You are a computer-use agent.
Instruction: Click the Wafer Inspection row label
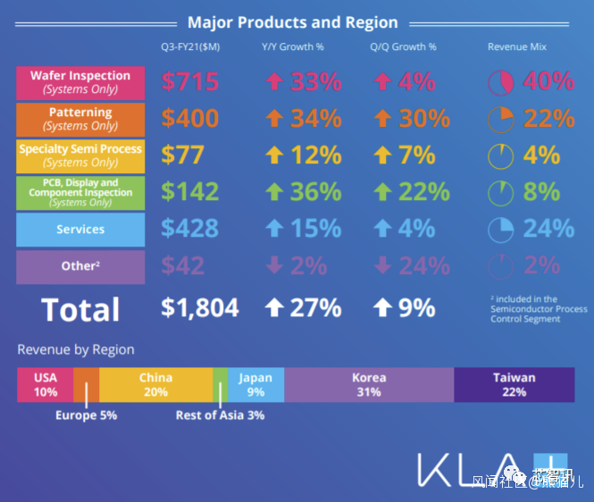pyautogui.click(x=80, y=82)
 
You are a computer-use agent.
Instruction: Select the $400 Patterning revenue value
pyautogui.click(x=190, y=118)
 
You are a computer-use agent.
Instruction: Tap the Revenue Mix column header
pyautogui.click(x=517, y=46)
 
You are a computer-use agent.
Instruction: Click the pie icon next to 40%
pyautogui.click(x=501, y=83)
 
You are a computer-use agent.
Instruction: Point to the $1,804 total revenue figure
pyautogui.click(x=200, y=308)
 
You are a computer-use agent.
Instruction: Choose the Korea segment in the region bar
pyautogui.click(x=369, y=384)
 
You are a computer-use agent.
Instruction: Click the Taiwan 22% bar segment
pyautogui.click(x=514, y=384)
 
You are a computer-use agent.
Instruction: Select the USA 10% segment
pyautogui.click(x=45, y=384)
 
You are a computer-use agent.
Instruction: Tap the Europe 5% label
pyautogui.click(x=86, y=415)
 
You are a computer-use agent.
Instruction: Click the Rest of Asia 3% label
pyautogui.click(x=220, y=415)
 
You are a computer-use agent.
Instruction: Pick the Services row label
pyautogui.click(x=80, y=230)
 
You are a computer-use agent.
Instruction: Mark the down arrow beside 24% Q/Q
pyautogui.click(x=381, y=266)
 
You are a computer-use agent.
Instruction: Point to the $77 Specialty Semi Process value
pyautogui.click(x=183, y=155)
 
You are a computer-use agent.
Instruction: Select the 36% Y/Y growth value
pyautogui.click(x=316, y=192)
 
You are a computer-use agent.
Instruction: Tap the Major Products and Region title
pyautogui.click(x=293, y=22)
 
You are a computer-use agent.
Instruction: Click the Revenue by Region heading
pyautogui.click(x=76, y=350)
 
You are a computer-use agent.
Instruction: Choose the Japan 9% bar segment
pyautogui.click(x=255, y=384)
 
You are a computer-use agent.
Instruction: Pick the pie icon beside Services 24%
pyautogui.click(x=501, y=230)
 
